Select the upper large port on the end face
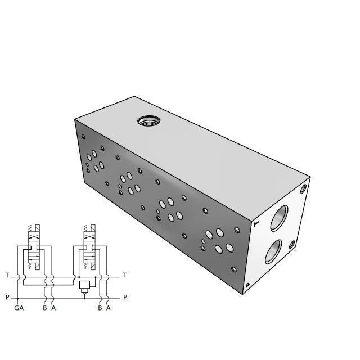coord(278,218)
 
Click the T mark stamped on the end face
coord(256,224)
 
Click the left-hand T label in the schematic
coord(7,276)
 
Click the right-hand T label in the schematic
coord(125,276)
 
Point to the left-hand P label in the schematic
coord(7,297)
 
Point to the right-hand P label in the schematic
coord(125,297)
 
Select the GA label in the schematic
coord(19,308)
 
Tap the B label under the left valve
coord(44,308)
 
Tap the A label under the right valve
coord(108,308)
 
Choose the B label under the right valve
coord(100,308)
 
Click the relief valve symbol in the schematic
coord(85,285)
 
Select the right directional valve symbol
coord(88,253)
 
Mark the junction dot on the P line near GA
coord(18,298)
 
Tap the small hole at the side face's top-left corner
coord(84,136)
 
